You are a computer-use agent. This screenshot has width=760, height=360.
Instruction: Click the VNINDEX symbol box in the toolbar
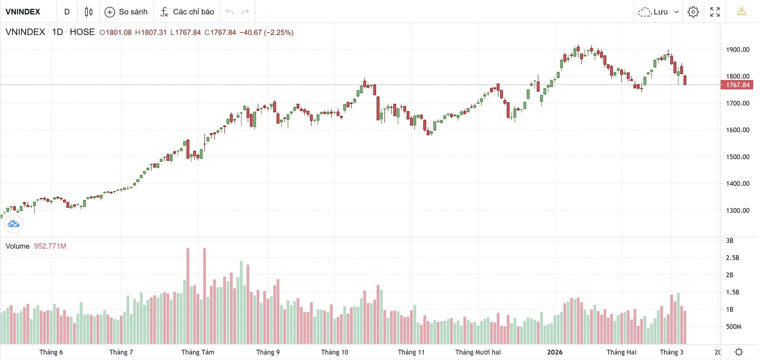click(x=23, y=12)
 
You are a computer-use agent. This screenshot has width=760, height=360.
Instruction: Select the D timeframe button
click(x=67, y=12)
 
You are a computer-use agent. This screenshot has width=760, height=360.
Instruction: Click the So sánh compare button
click(x=126, y=12)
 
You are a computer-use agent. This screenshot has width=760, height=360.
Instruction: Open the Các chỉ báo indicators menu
click(x=187, y=12)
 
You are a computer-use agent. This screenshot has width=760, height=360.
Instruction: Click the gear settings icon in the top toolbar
click(x=693, y=12)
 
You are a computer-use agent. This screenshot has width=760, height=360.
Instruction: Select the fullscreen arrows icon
click(x=715, y=12)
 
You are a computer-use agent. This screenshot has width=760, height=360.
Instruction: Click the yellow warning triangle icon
click(x=741, y=12)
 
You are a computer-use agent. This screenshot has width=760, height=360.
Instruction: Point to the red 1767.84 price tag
click(x=737, y=85)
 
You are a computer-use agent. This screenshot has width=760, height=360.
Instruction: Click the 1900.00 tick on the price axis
click(x=737, y=50)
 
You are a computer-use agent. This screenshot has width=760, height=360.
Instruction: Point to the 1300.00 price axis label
click(x=737, y=210)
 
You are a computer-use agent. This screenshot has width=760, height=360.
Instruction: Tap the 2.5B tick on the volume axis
click(x=732, y=258)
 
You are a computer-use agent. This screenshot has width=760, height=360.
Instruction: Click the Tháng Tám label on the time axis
click(x=198, y=352)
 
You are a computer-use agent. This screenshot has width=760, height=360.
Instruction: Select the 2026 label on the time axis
click(x=555, y=352)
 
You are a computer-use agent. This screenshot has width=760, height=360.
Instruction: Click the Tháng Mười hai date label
click(x=478, y=352)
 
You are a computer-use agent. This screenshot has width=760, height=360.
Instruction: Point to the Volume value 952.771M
click(x=50, y=246)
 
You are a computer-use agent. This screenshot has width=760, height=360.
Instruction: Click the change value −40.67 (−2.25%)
click(x=266, y=32)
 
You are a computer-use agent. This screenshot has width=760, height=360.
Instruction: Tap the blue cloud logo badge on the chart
click(x=13, y=224)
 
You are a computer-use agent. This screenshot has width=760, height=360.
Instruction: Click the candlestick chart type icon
click(x=89, y=12)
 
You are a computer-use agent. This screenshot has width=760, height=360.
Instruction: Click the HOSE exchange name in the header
click(x=82, y=32)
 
